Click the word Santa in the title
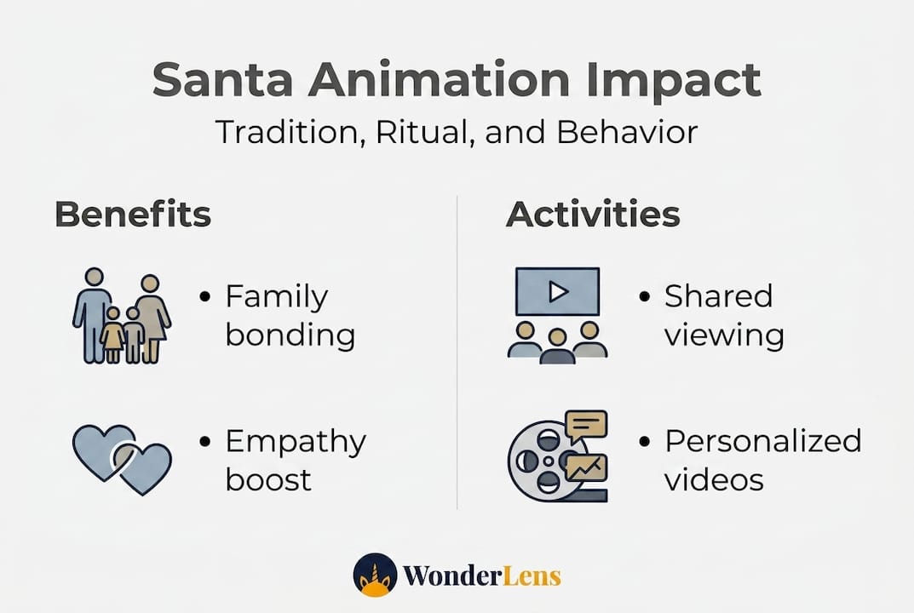(x=222, y=79)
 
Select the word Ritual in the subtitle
(x=422, y=132)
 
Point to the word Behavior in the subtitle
(x=627, y=132)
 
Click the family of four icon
(x=122, y=316)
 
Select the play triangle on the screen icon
(x=559, y=291)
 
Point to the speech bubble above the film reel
(x=585, y=426)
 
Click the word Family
(x=277, y=298)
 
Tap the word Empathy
(x=296, y=443)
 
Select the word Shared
(x=719, y=296)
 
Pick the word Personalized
(x=763, y=441)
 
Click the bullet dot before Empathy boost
(x=204, y=441)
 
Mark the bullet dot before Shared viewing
(x=644, y=296)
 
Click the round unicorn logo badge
(x=375, y=576)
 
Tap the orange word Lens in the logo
(x=531, y=576)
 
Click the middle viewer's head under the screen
(x=558, y=337)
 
